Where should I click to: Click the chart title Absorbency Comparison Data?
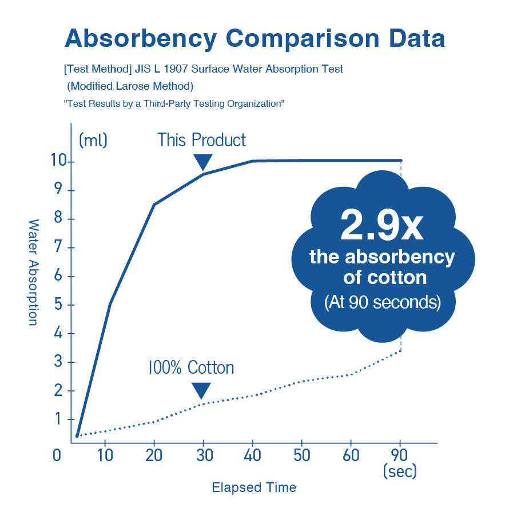[254, 38]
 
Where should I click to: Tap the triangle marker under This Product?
[202, 162]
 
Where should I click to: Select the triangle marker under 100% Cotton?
[201, 391]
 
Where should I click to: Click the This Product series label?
[202, 140]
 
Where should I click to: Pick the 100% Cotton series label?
[191, 367]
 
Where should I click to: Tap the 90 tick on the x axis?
[400, 455]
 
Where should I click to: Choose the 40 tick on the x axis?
[252, 455]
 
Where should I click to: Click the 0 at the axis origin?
[57, 456]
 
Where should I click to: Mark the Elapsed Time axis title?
[254, 487]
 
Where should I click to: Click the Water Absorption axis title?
[33, 272]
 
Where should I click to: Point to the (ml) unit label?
[93, 140]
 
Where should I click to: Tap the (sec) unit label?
[399, 473]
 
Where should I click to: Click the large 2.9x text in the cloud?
[381, 226]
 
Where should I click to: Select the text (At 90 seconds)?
[382, 302]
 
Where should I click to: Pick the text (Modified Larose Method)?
[130, 86]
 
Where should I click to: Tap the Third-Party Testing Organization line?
[174, 104]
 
